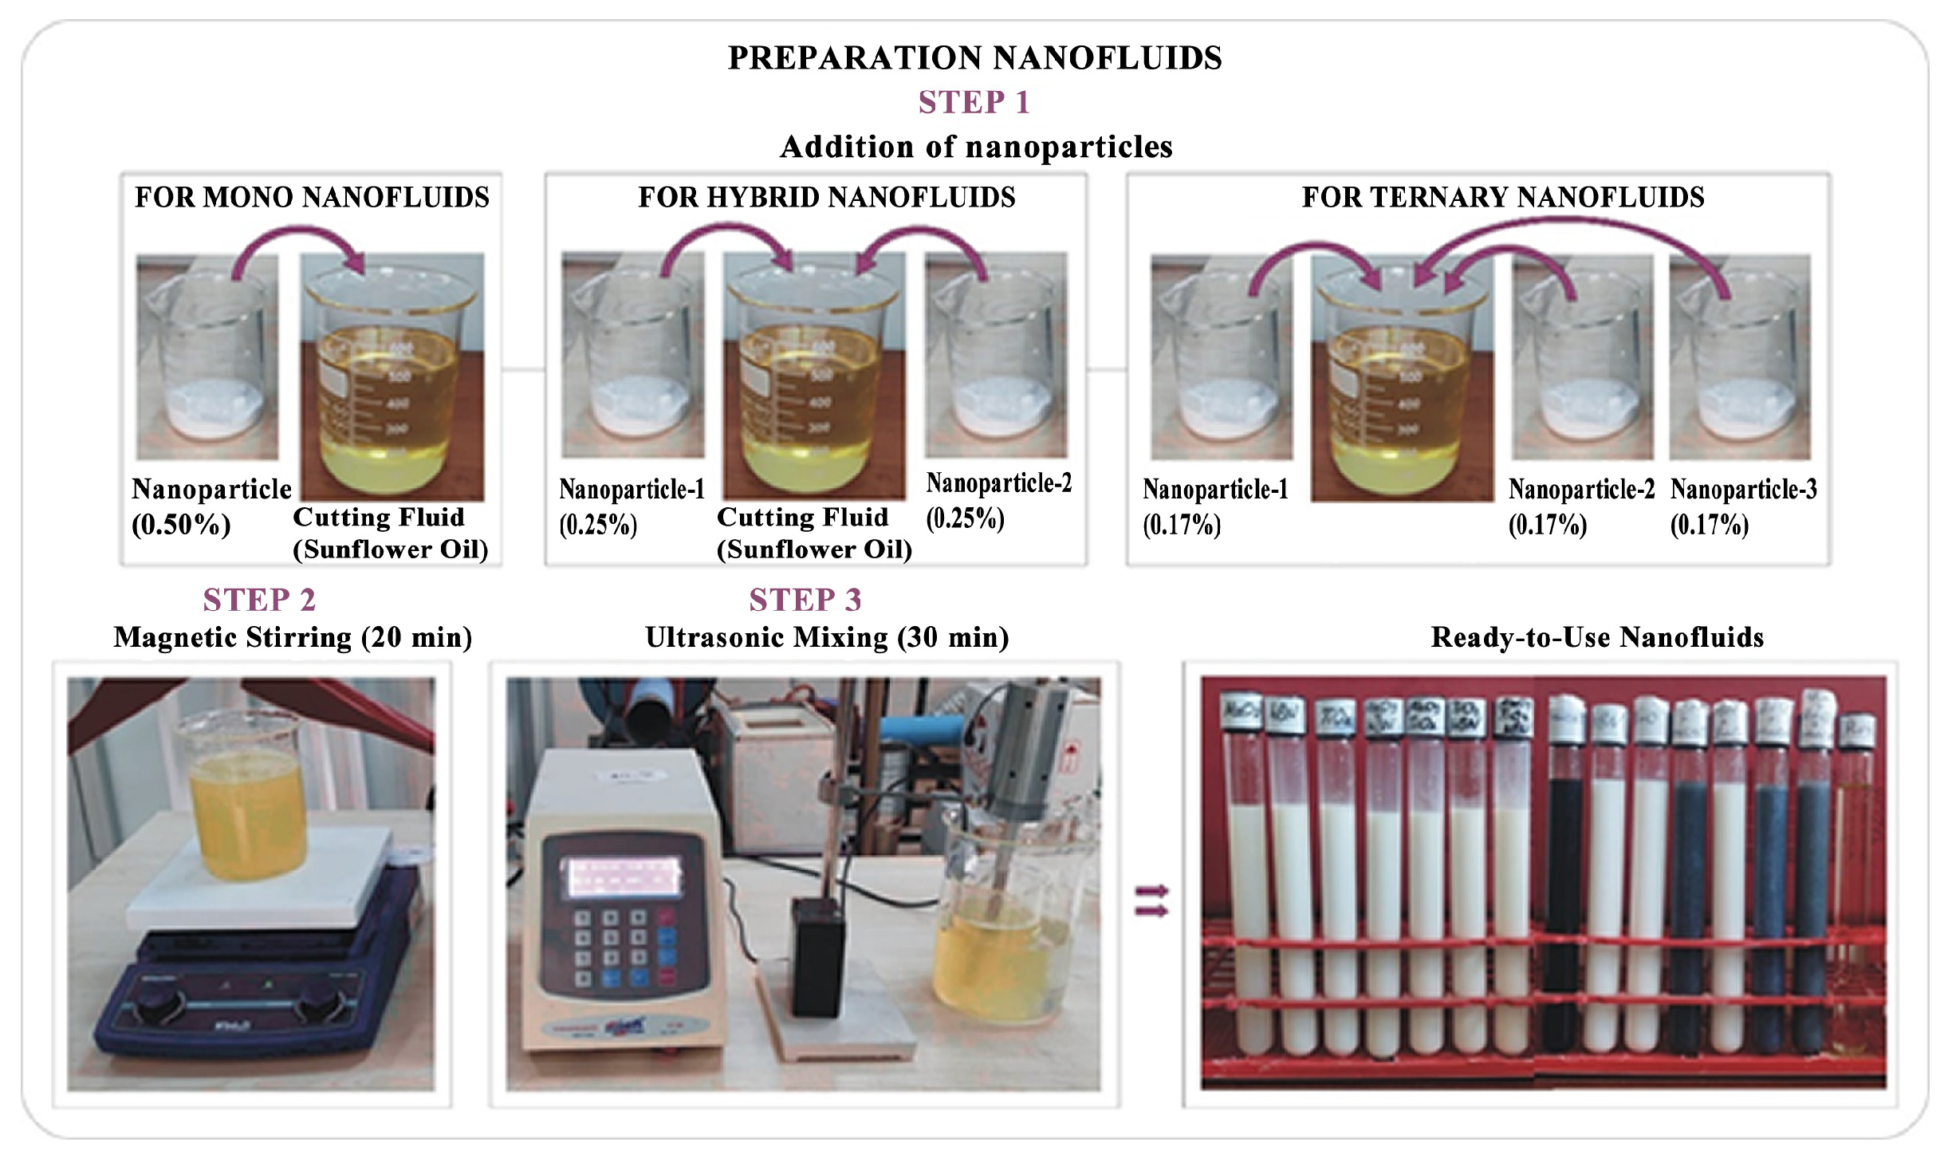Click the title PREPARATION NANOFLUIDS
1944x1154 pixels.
(x=974, y=58)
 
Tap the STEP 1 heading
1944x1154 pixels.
(x=974, y=103)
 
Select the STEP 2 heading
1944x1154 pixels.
(x=259, y=600)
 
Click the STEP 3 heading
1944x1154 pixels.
(x=805, y=600)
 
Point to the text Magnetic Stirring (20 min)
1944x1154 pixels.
(x=293, y=637)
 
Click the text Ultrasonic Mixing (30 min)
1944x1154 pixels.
(x=826, y=637)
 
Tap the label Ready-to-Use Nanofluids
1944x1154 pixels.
(x=1596, y=637)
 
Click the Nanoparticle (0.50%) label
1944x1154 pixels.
(x=211, y=506)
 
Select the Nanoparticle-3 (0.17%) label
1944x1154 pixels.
(x=1742, y=506)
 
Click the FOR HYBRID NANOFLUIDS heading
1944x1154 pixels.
(x=826, y=197)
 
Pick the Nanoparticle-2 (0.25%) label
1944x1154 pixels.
(x=998, y=500)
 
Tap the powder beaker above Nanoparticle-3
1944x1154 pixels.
(x=1739, y=359)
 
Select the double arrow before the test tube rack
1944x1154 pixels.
(x=1151, y=900)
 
